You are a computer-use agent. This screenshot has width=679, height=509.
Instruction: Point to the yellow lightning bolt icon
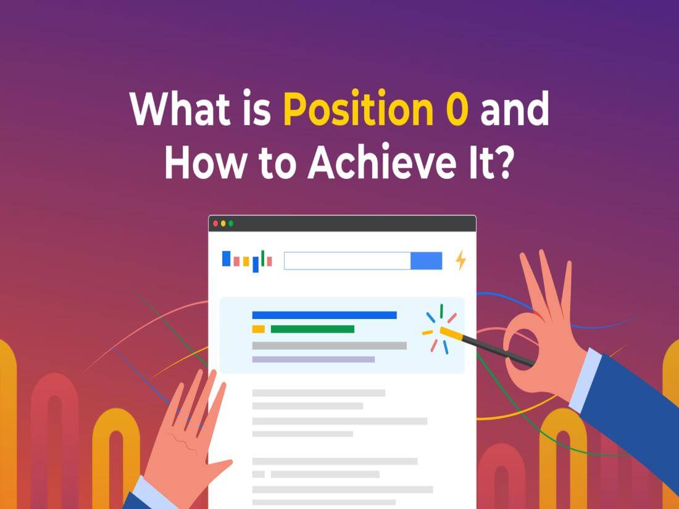460,260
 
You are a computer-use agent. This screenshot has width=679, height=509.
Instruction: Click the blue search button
427,261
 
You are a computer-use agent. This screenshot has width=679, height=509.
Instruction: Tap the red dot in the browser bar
215,223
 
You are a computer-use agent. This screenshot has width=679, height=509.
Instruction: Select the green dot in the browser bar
231,223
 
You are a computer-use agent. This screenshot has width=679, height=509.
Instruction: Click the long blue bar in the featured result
324,315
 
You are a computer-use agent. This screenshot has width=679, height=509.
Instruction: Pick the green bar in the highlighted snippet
312,329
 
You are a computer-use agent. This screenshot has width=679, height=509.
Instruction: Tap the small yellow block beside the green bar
258,329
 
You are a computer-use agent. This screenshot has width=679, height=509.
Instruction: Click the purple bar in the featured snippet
313,359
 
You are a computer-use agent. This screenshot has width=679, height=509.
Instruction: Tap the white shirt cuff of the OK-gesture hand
585,380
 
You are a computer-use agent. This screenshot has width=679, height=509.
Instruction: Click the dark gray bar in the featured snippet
329,346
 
